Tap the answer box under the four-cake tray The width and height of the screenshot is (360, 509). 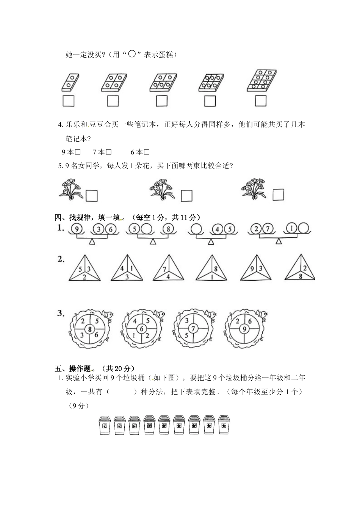113,101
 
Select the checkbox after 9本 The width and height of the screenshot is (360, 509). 78,152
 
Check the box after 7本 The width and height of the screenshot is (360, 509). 108,152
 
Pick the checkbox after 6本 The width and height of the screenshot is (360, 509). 147,152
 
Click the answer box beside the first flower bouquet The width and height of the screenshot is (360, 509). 92,195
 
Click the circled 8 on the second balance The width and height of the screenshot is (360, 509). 167,229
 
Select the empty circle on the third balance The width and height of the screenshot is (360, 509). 196,229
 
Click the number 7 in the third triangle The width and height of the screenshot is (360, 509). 165,270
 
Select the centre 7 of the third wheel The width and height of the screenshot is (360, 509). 193,328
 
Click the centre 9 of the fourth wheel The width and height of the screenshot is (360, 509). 244,329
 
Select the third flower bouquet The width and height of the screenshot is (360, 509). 253,188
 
